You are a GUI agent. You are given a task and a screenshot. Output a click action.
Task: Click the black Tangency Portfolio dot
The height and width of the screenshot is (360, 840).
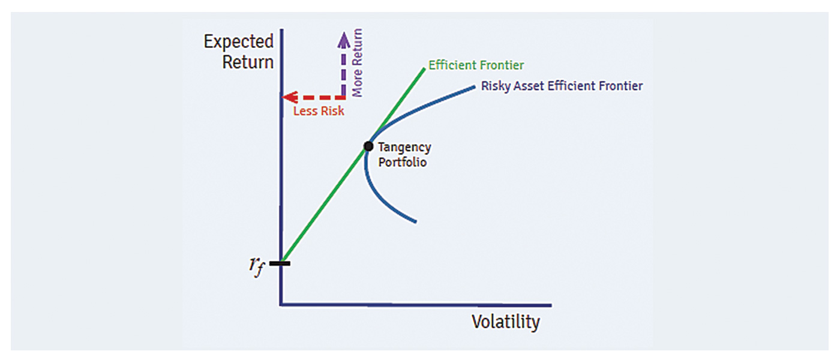click(368, 146)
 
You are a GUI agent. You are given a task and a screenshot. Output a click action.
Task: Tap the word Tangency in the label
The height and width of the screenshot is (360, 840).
click(404, 148)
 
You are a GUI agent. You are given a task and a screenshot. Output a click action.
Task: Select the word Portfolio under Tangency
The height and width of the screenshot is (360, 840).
click(402, 163)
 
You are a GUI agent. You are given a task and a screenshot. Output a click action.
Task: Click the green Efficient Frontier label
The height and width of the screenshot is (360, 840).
click(476, 65)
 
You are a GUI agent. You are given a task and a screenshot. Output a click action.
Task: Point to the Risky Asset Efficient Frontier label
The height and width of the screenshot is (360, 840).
click(562, 86)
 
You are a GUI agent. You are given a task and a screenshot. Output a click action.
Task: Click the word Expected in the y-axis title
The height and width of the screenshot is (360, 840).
click(239, 41)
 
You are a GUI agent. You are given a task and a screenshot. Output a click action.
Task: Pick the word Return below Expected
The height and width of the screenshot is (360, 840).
click(248, 62)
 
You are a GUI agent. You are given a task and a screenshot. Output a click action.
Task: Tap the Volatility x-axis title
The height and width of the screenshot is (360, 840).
click(505, 322)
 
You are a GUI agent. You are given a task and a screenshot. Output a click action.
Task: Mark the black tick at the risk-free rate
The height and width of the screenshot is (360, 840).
click(280, 263)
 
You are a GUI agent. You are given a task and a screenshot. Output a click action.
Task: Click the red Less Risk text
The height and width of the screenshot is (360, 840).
click(319, 111)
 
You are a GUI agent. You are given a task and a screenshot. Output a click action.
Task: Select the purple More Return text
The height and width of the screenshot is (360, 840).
click(357, 62)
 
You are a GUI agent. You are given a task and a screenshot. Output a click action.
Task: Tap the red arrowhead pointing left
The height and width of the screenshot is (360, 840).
click(289, 97)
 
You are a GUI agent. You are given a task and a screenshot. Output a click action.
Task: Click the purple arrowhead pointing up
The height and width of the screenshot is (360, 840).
click(343, 40)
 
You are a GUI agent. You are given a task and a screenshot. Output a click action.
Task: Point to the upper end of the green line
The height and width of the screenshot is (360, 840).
click(425, 68)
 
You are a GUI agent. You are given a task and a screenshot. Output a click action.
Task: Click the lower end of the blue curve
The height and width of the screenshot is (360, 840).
click(415, 221)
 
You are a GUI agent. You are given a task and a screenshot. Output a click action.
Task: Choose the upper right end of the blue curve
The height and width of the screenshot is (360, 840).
click(474, 88)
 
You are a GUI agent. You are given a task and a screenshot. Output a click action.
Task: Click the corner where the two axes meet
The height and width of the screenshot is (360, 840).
click(281, 305)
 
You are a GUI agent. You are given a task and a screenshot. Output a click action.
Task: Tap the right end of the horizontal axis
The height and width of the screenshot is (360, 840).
click(551, 305)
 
